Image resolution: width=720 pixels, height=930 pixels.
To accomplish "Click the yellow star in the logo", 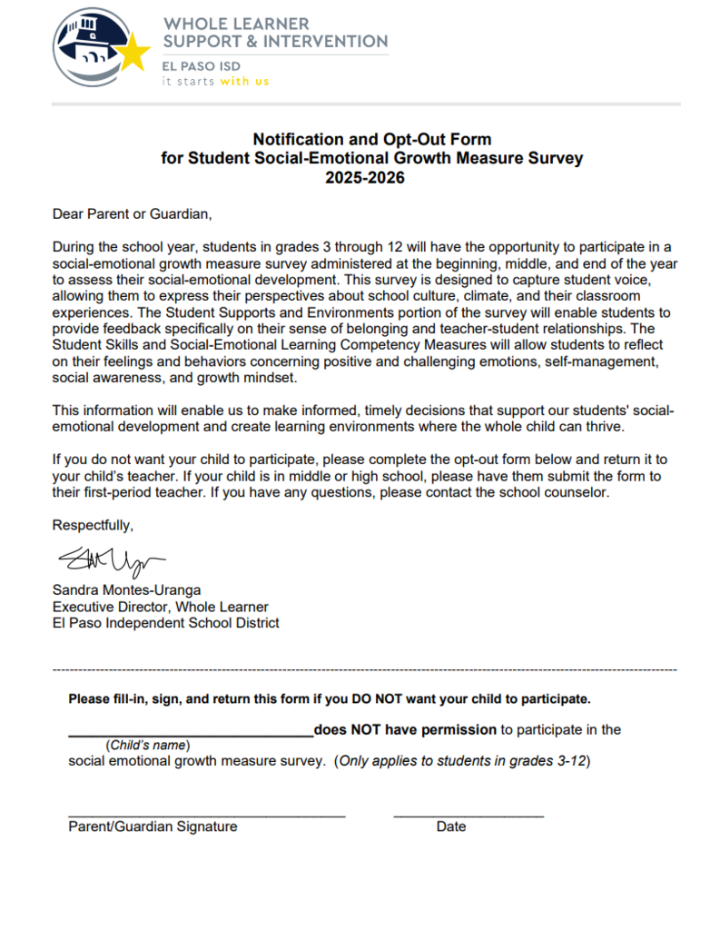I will pos(133,54).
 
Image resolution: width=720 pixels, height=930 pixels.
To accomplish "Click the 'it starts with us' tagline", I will pos(216,81).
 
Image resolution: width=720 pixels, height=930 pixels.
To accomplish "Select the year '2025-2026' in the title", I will pos(365,178).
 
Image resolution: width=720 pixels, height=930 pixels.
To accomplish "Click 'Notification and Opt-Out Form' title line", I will pos(371,140).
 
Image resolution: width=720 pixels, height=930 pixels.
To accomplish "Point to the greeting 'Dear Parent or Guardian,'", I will pos(132,215).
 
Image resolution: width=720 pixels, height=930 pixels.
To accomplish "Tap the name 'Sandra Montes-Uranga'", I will pos(126,590).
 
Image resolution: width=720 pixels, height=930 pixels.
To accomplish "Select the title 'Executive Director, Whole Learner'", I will pos(160,607).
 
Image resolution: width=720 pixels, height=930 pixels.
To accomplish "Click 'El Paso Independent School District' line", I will pos(165,623).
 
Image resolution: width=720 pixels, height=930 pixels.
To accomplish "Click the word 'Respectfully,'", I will pos(93,526).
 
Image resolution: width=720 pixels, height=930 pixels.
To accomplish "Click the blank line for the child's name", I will pos(190,732).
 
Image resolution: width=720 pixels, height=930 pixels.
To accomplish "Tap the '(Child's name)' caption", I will pos(148,746).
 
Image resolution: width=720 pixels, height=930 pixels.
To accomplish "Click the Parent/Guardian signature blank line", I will pos(206,815).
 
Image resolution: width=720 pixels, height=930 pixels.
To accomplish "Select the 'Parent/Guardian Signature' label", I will pos(153,826).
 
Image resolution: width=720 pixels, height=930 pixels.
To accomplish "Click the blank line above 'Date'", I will pos(468,815).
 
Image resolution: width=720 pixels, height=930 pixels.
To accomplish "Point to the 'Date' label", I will pos(450,826).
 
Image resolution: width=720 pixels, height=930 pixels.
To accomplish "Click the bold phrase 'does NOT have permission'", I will pos(405,729).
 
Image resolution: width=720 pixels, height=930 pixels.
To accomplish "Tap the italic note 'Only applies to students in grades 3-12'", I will pos(462,761).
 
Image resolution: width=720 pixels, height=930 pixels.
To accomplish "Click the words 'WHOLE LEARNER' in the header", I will pos(236,24).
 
